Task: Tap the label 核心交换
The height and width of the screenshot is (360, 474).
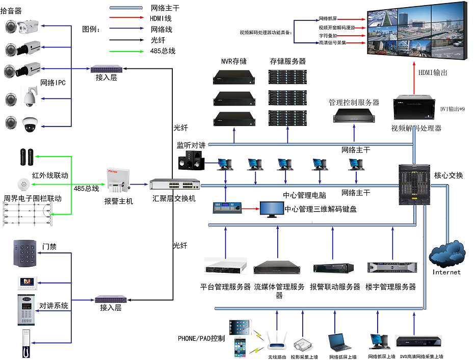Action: tap(449, 175)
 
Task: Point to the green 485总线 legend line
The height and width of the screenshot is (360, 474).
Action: tap(126, 50)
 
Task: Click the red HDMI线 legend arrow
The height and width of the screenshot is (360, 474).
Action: tap(126, 18)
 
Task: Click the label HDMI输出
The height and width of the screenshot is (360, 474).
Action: tap(433, 73)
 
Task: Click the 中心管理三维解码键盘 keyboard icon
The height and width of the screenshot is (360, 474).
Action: tap(227, 209)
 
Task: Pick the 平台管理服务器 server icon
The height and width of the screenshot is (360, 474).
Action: tap(225, 267)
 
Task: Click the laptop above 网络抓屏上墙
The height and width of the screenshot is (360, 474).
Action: tap(340, 342)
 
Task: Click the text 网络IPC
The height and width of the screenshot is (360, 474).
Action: tap(53, 83)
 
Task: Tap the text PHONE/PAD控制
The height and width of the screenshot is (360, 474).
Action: tap(201, 338)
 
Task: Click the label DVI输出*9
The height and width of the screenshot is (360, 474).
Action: tap(453, 109)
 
